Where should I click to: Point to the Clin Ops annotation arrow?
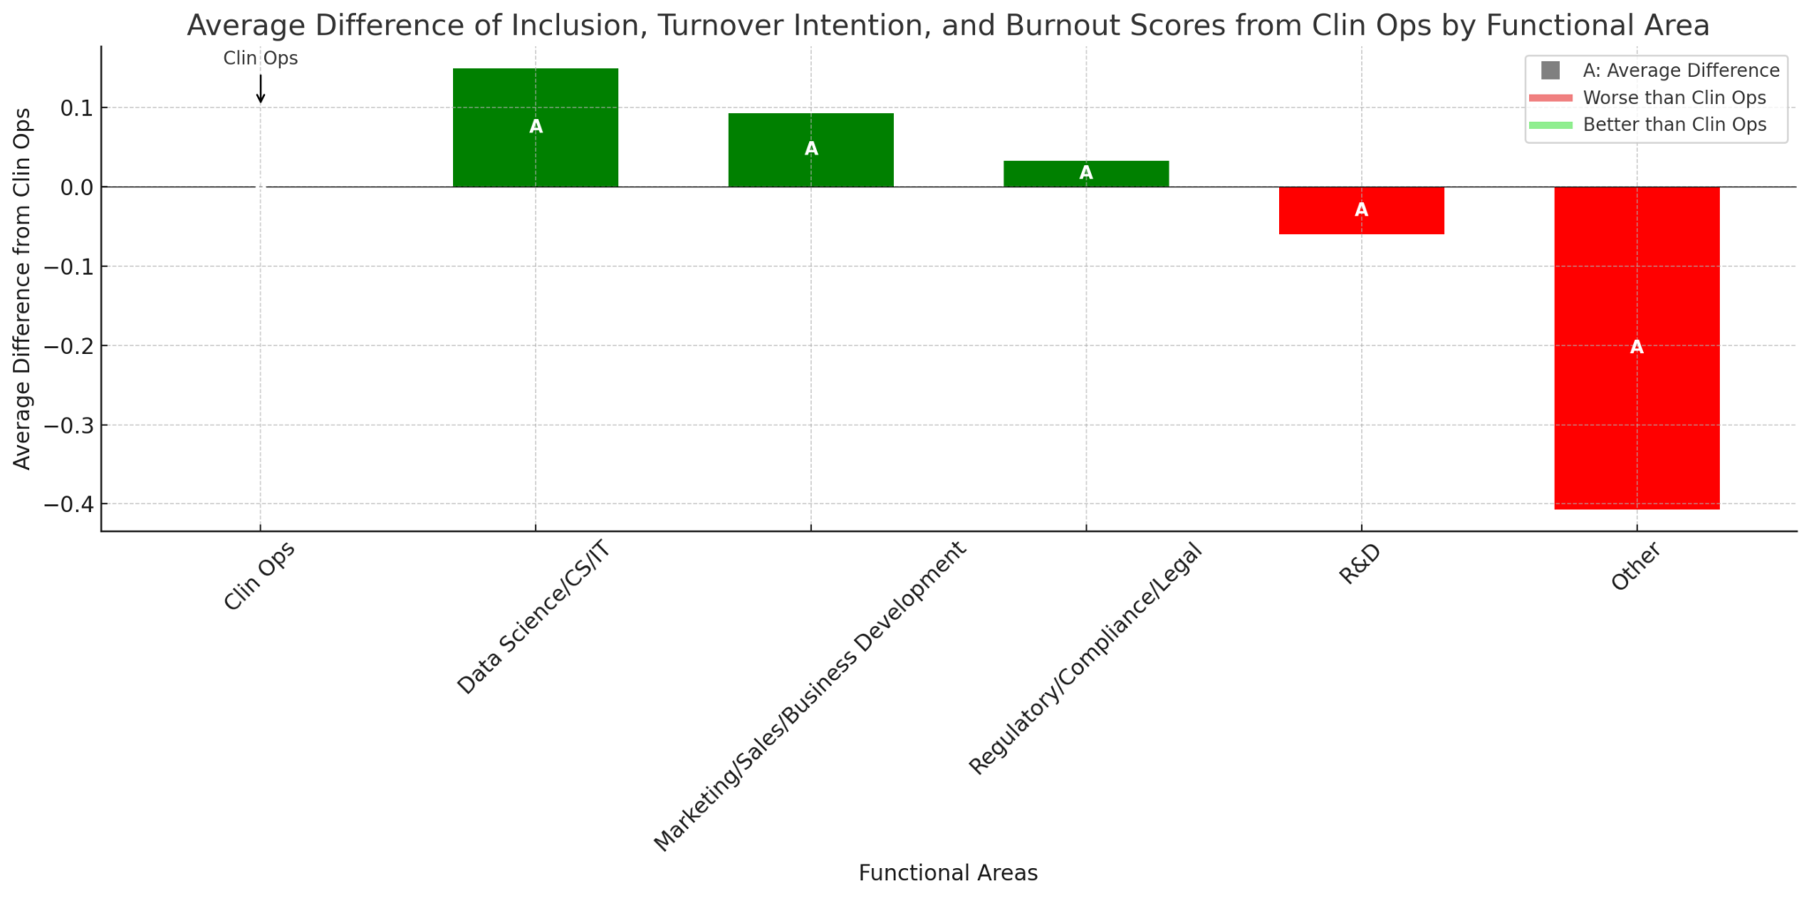tap(261, 89)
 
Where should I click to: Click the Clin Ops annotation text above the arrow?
tap(261, 59)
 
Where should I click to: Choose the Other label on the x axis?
tap(1636, 567)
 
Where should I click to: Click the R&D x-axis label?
tap(1359, 565)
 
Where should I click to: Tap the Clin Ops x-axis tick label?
tap(259, 576)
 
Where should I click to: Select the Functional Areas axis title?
tap(948, 873)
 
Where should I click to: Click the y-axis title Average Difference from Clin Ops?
tap(22, 288)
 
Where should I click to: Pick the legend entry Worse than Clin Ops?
tap(1674, 98)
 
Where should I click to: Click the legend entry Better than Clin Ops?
tap(1674, 125)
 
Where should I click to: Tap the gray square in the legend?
tap(1550, 71)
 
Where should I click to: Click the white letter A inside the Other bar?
tap(1636, 347)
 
